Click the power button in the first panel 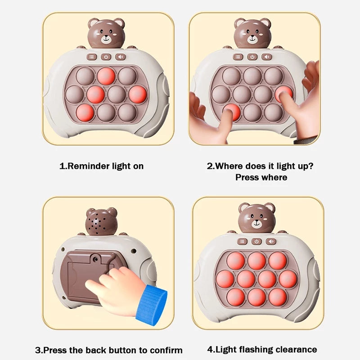click(x=106, y=57)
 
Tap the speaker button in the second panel click(x=266, y=57)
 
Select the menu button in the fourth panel click(x=242, y=241)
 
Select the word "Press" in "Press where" click(x=247, y=177)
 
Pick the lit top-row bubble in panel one click(x=106, y=76)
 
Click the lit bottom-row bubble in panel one click(x=85, y=112)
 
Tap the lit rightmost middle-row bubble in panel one click(x=138, y=94)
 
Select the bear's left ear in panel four click(x=244, y=208)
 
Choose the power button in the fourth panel click(x=256, y=241)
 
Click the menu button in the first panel click(x=92, y=57)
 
